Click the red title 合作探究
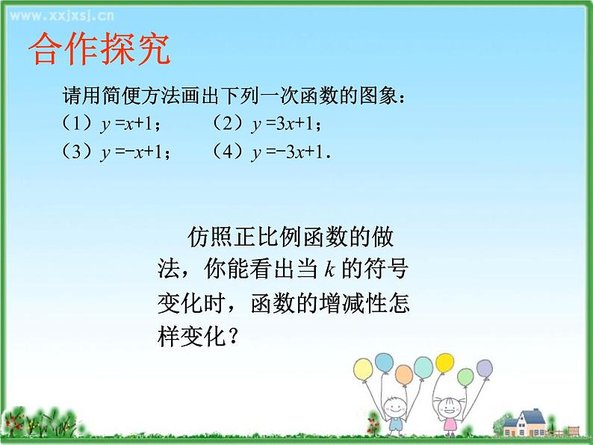pyautogui.click(x=99, y=49)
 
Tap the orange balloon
pyautogui.click(x=403, y=374)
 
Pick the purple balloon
pyautogui.click(x=485, y=368)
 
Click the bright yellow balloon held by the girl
pyautogui.click(x=444, y=364)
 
